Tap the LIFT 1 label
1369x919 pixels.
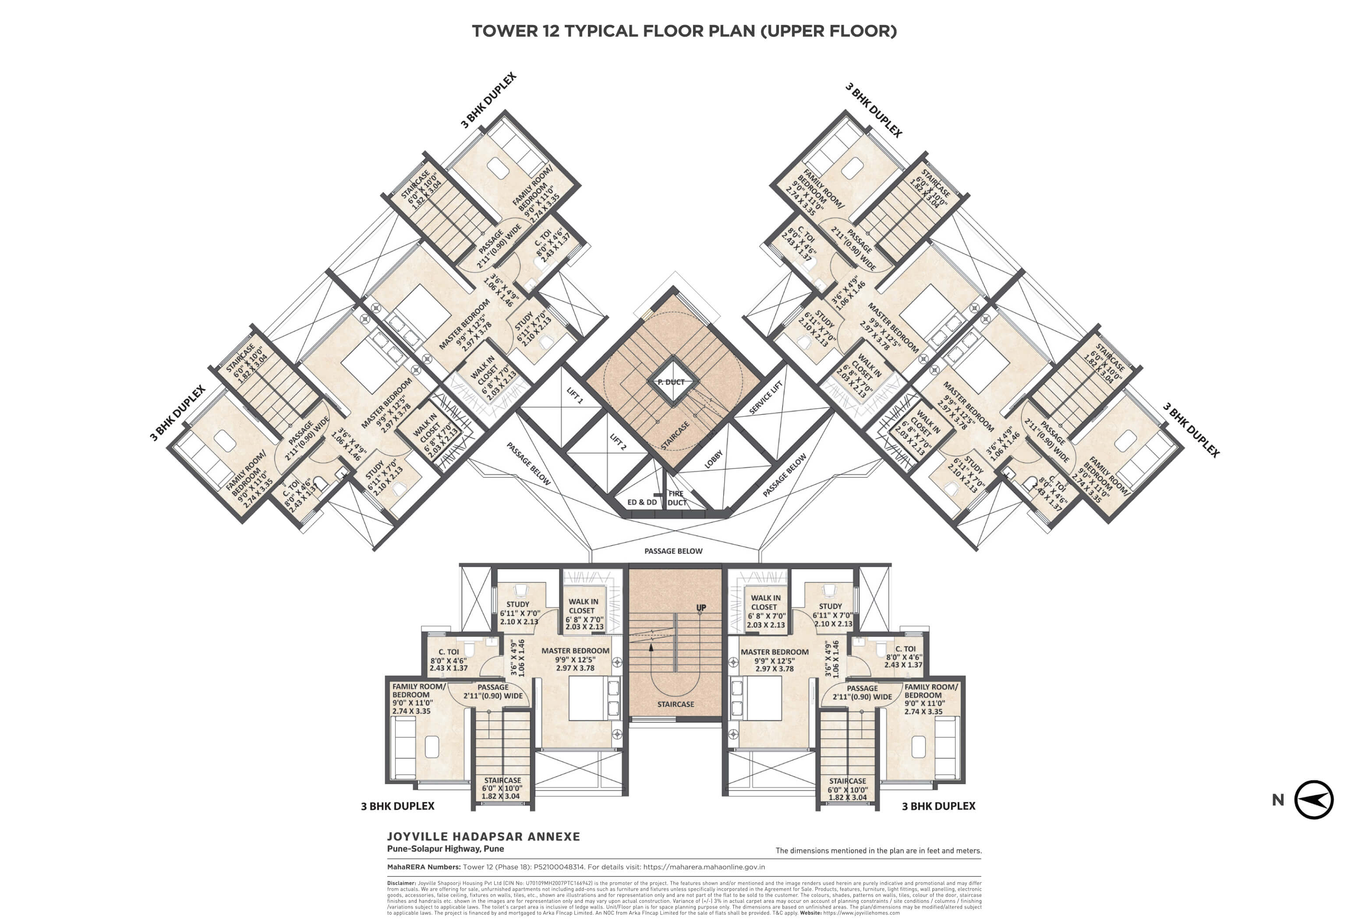coord(574,396)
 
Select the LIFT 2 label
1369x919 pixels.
coord(618,442)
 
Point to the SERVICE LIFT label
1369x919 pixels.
coord(765,397)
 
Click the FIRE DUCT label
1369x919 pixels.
coord(676,498)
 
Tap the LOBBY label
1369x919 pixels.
coord(713,459)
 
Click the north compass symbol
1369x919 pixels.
coord(1313,799)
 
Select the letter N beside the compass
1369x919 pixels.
coord(1277,800)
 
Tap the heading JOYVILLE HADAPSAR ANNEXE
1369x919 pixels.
coord(483,836)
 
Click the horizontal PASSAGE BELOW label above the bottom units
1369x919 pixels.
coord(673,551)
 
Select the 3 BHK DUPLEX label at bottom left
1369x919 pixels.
coord(397,806)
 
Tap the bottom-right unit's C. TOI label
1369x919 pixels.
coord(905,649)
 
